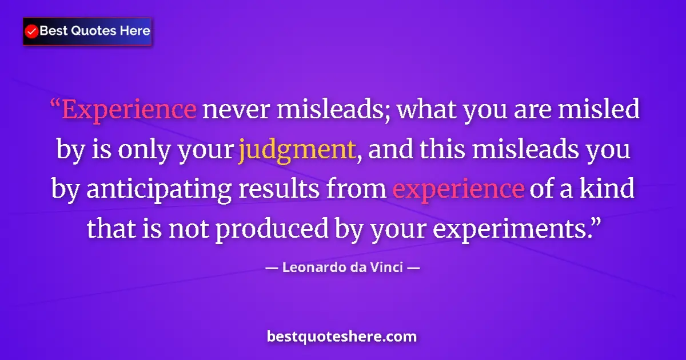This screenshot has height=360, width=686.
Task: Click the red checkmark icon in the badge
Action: pos(32,31)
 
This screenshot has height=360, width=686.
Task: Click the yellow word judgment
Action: pos(296,150)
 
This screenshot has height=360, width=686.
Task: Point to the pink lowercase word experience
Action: pos(458,189)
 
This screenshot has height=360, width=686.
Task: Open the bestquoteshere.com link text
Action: pos(342,337)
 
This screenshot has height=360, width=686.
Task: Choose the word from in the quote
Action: pos(361,189)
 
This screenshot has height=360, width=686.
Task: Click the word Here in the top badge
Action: pos(135,31)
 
